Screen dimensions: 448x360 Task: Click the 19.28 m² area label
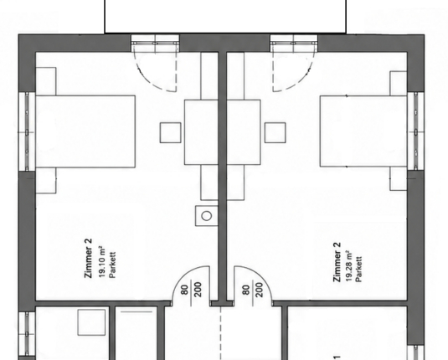(x=349, y=265)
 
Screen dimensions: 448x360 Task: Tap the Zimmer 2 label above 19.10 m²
(x=88, y=258)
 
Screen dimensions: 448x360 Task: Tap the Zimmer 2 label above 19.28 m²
(x=337, y=262)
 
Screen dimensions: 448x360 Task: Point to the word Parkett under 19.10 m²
(x=112, y=265)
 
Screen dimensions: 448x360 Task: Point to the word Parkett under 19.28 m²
(x=359, y=269)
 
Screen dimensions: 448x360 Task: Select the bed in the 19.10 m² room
(x=85, y=131)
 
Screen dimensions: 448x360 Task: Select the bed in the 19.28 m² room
(x=363, y=131)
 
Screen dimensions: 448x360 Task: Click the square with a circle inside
(x=207, y=216)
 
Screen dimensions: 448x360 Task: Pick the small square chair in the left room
(x=170, y=132)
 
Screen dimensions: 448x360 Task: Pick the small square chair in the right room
(x=275, y=132)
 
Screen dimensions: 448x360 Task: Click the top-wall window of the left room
(x=155, y=44)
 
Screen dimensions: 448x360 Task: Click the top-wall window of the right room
(x=294, y=44)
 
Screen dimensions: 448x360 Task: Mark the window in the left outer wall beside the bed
(x=27, y=131)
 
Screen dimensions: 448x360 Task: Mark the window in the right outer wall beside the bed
(x=415, y=131)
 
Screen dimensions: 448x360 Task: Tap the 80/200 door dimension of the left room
(x=192, y=290)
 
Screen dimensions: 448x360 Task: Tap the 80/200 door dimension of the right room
(x=252, y=290)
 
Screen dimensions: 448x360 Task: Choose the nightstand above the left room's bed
(x=46, y=81)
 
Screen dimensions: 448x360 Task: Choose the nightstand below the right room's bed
(x=399, y=178)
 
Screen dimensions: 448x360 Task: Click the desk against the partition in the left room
(x=201, y=132)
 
